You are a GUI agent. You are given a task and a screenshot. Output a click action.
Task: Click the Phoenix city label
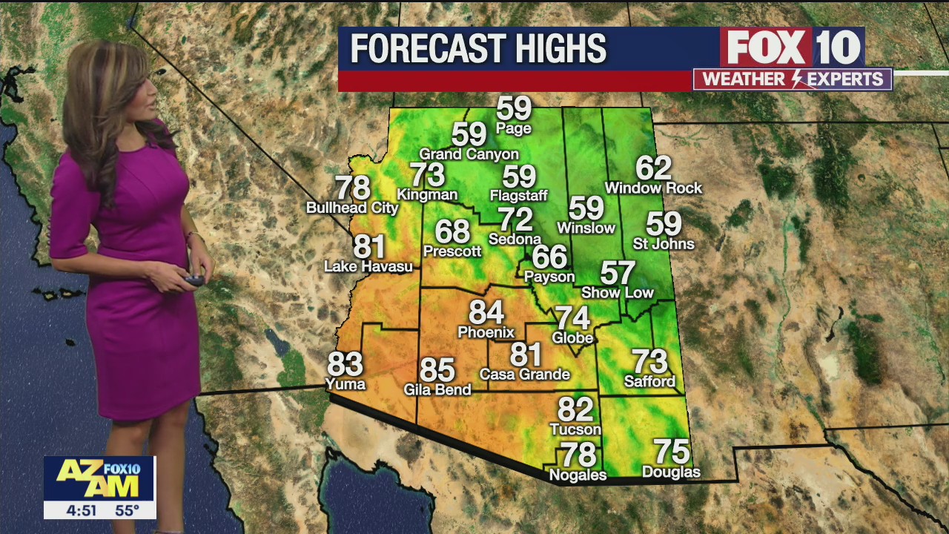pyautogui.click(x=486, y=332)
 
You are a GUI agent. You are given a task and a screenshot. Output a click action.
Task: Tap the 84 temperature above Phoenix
pyautogui.click(x=486, y=313)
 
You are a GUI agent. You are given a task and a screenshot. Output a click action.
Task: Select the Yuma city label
pyautogui.click(x=345, y=383)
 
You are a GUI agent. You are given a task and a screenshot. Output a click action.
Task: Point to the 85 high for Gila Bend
pyautogui.click(x=437, y=369)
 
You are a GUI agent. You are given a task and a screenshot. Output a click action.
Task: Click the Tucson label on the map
pyautogui.click(x=575, y=429)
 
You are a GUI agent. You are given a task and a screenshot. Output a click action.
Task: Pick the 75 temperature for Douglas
pyautogui.click(x=671, y=452)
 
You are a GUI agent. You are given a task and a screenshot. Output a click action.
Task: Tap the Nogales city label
pyautogui.click(x=578, y=475)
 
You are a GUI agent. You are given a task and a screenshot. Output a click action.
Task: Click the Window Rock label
pyautogui.click(x=653, y=188)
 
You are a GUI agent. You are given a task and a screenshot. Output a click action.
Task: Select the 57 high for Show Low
pyautogui.click(x=618, y=273)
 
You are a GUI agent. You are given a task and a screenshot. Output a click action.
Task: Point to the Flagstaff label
pyautogui.click(x=519, y=196)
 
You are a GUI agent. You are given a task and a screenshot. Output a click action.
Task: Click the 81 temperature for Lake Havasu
pyautogui.click(x=368, y=246)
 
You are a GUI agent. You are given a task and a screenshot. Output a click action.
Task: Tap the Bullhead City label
pyautogui.click(x=353, y=208)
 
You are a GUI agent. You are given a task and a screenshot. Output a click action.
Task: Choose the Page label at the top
pyautogui.click(x=514, y=129)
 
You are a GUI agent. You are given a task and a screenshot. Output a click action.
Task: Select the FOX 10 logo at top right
pyautogui.click(x=792, y=47)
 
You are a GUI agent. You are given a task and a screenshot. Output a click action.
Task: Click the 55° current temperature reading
pyautogui.click(x=127, y=510)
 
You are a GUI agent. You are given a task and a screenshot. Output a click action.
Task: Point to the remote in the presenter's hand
pyautogui.click(x=194, y=280)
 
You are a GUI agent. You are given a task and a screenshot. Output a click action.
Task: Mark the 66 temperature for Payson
pyautogui.click(x=549, y=257)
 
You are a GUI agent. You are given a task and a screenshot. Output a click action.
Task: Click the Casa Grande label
pyautogui.click(x=524, y=375)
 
